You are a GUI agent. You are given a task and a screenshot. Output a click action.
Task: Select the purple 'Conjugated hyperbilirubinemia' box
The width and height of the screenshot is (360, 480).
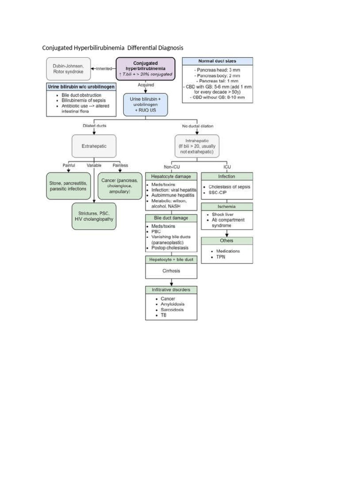point(145,68)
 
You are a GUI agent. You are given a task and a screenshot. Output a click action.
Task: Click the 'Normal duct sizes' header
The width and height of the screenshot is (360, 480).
point(217,61)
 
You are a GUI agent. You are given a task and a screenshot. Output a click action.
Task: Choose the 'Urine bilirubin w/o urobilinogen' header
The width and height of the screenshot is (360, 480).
point(81,87)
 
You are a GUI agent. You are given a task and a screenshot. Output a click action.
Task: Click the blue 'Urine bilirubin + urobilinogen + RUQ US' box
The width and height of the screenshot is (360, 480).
point(145,105)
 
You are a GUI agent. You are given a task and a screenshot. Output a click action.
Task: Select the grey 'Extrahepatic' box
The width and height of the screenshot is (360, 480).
point(94,146)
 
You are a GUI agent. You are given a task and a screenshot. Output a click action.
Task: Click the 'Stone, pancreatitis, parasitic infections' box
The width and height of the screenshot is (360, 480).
point(68,186)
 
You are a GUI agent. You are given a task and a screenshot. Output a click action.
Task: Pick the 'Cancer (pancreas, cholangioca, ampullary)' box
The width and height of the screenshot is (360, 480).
point(120,186)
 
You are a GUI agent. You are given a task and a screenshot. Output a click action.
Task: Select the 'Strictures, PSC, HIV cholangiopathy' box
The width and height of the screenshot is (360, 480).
point(94,216)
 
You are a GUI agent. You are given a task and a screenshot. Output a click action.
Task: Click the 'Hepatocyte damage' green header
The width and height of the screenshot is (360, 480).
point(171,176)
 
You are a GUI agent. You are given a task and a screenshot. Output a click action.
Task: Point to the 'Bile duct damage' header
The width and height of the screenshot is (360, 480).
point(171,218)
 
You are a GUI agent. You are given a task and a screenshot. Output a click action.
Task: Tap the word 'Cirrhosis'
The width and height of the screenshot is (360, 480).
point(171,271)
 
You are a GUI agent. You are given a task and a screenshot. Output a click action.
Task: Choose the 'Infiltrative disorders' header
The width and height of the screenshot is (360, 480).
point(171,290)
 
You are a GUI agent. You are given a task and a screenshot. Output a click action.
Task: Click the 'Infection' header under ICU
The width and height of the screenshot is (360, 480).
point(226,176)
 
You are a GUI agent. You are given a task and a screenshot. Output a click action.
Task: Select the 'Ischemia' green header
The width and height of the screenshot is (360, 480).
point(226,206)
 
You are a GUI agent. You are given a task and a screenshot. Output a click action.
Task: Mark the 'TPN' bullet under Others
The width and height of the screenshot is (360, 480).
point(221,257)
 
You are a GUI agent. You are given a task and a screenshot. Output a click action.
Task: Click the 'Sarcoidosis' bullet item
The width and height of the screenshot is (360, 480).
point(172,309)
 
